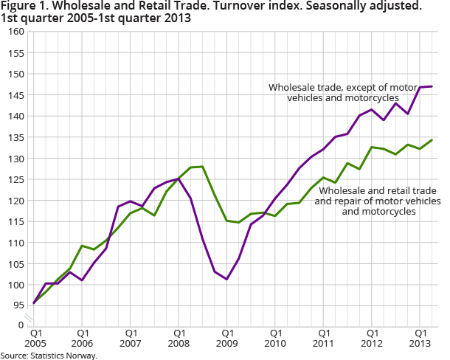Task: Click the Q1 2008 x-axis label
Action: point(179,338)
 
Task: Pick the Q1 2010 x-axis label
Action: point(274,338)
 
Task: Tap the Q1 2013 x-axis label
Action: point(419,338)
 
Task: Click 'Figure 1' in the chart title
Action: point(22,7)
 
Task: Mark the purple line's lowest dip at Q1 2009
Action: point(227,279)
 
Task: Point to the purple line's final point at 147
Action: point(432,86)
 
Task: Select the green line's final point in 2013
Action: point(432,140)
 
